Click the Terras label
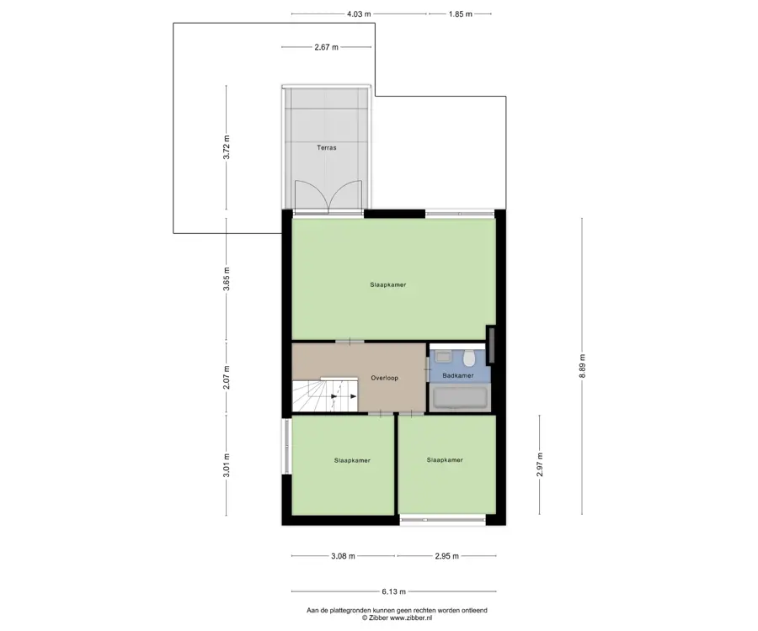(326, 148)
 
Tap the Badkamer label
(458, 375)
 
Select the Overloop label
(384, 378)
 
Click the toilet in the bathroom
(468, 358)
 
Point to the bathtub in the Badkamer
(460, 398)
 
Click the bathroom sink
(442, 357)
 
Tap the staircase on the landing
(325, 395)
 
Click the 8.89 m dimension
(582, 365)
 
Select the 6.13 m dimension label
(393, 591)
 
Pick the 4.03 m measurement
(359, 14)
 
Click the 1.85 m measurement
(460, 14)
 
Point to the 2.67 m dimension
(326, 47)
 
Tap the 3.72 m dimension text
(227, 147)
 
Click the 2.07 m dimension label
(227, 378)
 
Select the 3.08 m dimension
(343, 555)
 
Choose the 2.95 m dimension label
(446, 555)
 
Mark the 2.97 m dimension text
(540, 464)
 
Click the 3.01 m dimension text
(227, 465)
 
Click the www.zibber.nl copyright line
(397, 618)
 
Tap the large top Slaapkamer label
(388, 285)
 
